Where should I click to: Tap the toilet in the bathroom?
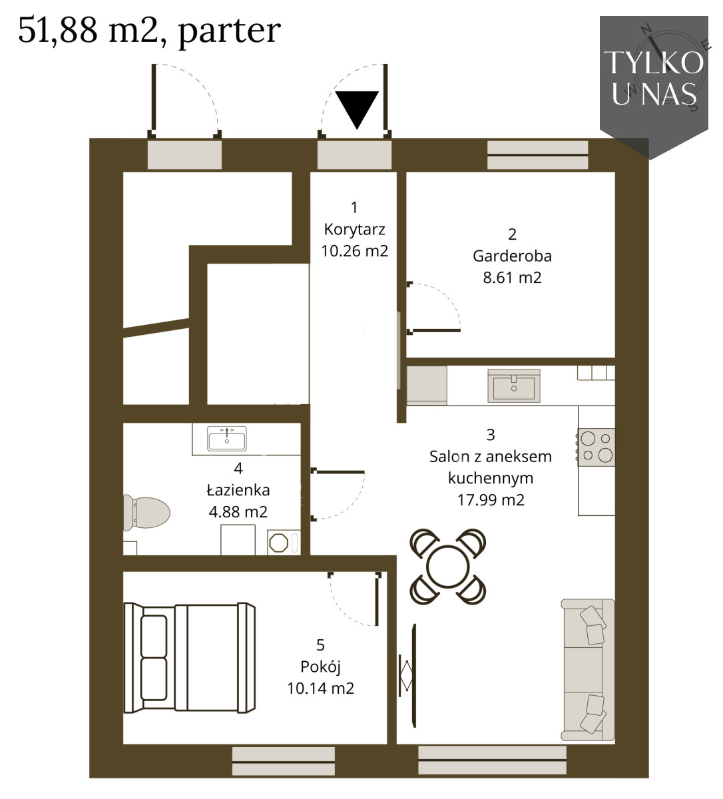[146, 513]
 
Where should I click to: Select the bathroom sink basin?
[226, 438]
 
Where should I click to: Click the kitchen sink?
[514, 386]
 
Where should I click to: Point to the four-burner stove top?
[597, 447]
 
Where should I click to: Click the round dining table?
[448, 567]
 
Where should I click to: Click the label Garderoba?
[512, 256]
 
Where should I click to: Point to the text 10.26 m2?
[355, 251]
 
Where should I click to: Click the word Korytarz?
[355, 230]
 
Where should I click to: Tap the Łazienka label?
[238, 490]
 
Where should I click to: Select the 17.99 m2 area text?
[491, 500]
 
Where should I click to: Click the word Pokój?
[321, 668]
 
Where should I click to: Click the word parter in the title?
[230, 32]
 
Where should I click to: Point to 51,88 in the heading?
[58, 30]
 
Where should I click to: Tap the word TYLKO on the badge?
[654, 63]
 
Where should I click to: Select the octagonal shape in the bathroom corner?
[278, 543]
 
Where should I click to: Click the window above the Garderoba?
[538, 155]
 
